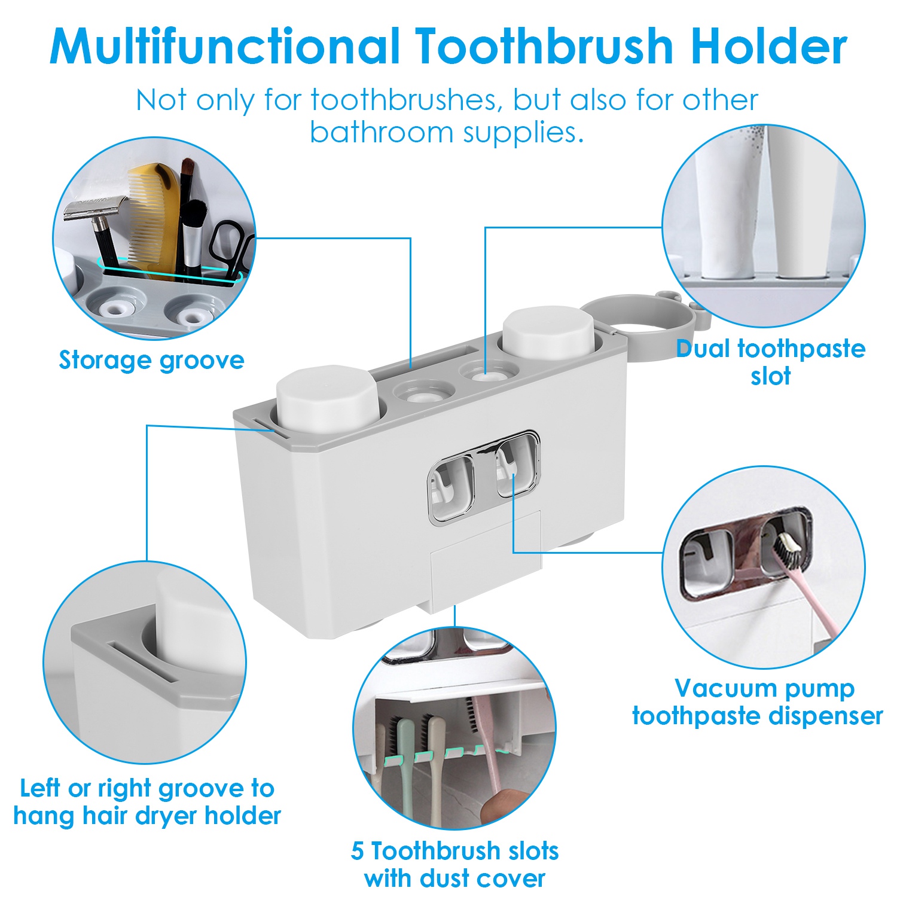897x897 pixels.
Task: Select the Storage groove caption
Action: click(151, 361)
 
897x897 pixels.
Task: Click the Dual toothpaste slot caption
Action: click(770, 362)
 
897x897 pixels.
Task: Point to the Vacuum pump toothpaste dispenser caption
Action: click(758, 701)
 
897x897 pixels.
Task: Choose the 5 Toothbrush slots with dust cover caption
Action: click(454, 864)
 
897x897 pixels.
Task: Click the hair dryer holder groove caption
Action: click(147, 802)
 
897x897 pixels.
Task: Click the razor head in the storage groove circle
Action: click(96, 208)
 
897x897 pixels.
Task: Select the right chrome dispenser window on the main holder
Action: click(517, 465)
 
